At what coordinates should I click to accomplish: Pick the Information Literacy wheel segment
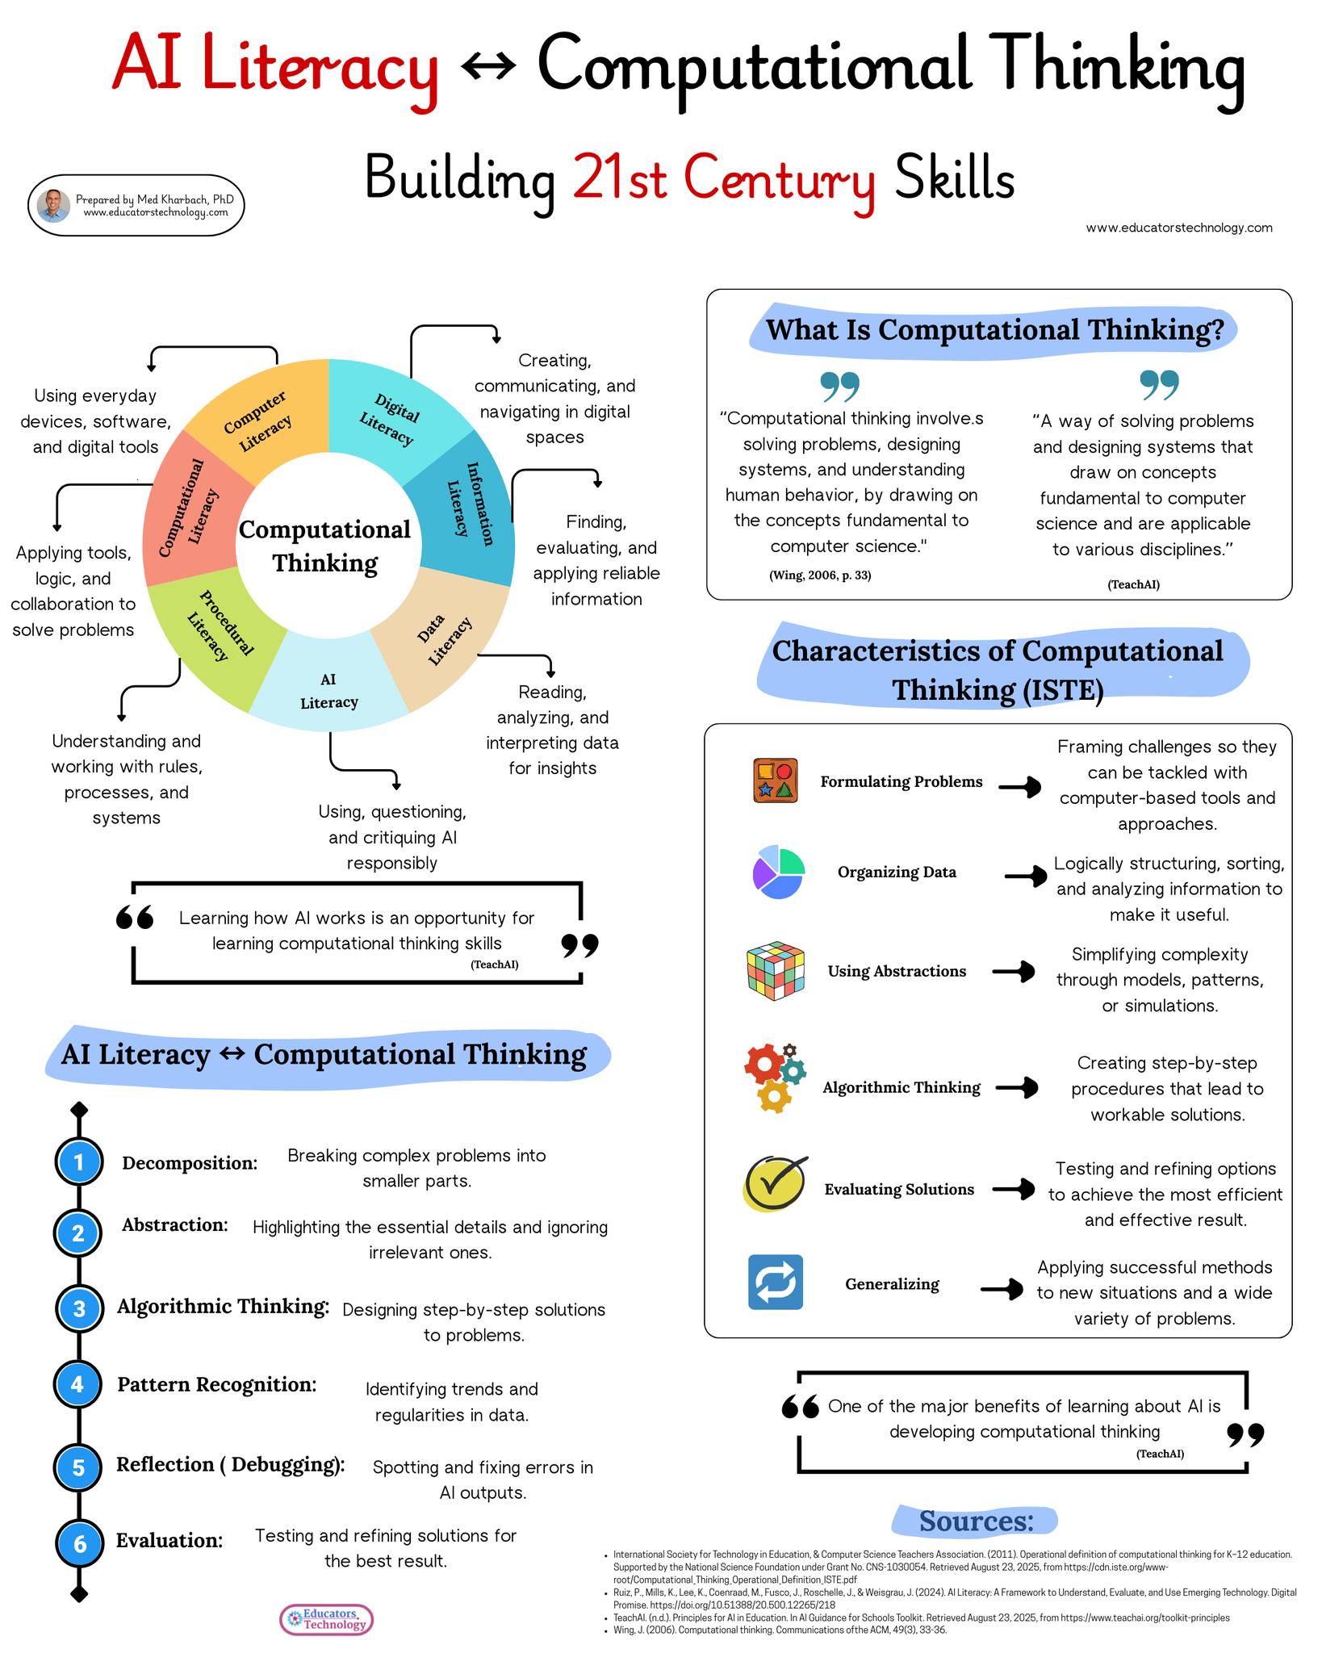[468, 504]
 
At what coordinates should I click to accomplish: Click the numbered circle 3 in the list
[78, 1308]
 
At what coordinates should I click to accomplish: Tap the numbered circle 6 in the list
[78, 1543]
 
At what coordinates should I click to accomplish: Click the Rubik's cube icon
[775, 970]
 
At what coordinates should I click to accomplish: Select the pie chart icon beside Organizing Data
[778, 872]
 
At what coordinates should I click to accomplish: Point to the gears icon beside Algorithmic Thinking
[774, 1078]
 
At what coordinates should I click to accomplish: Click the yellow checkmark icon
[775, 1183]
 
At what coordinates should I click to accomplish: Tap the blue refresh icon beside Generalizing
[775, 1282]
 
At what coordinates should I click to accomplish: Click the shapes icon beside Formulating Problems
[775, 780]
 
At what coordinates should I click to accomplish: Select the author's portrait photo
[53, 206]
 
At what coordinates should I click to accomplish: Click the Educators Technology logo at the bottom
[327, 1619]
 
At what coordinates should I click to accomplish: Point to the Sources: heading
[975, 1521]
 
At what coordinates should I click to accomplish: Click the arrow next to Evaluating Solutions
[1014, 1189]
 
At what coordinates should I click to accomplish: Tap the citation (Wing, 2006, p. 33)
[820, 575]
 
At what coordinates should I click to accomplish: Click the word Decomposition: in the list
[190, 1163]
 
